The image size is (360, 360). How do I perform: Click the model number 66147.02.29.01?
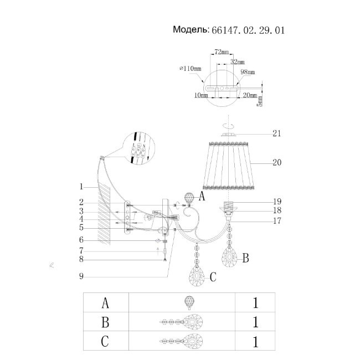[x=248, y=30]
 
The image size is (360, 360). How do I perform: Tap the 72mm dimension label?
[x=221, y=52]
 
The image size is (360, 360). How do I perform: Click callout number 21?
[x=277, y=133]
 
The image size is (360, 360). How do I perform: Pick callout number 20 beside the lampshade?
[x=277, y=163]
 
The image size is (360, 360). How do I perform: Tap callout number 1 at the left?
[x=81, y=186]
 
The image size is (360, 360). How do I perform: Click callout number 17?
[x=277, y=220]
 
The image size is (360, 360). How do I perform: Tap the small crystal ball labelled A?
[x=189, y=198]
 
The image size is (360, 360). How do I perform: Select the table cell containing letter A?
[x=105, y=302]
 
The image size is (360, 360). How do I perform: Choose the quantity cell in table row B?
[x=255, y=321]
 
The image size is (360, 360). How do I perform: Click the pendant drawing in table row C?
[x=182, y=340]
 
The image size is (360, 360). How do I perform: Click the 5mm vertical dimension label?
[x=260, y=100]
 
